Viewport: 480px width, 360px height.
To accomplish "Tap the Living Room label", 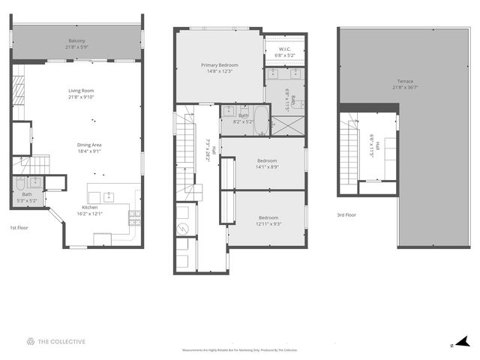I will (x=81, y=91).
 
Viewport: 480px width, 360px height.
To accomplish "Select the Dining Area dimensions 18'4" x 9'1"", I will (x=91, y=151).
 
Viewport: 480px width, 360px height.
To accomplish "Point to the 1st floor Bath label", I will (x=27, y=194).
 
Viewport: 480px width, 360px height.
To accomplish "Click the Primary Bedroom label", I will (x=218, y=65).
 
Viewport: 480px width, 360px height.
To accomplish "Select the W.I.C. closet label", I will (x=285, y=49).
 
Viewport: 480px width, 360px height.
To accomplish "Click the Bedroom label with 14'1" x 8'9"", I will (x=268, y=160).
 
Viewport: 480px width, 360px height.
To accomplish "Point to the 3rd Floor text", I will (x=346, y=215).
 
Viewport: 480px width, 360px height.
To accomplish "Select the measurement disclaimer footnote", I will (x=240, y=350).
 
